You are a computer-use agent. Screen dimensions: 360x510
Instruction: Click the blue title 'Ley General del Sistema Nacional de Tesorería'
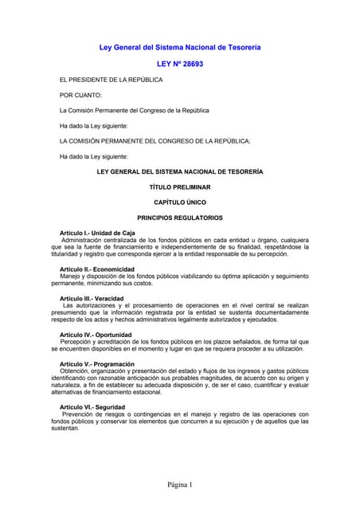coord(179,48)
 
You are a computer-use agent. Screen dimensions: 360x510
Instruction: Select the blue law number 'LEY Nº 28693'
coord(179,63)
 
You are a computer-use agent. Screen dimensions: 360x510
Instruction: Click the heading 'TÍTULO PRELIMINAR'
coord(179,186)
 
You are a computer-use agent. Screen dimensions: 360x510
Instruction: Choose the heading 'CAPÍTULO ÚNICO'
coord(179,202)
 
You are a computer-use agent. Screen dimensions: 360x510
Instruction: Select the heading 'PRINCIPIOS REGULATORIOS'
coord(179,217)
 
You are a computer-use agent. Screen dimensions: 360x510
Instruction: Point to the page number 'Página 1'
coord(180,484)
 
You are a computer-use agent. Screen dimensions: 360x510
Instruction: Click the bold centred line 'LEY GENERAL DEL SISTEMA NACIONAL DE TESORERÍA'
coord(179,171)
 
